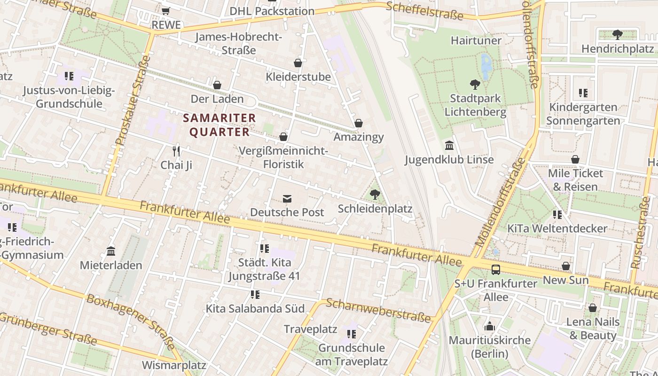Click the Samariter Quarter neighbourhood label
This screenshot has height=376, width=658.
[219, 125]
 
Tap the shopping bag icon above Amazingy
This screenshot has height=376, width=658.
[359, 123]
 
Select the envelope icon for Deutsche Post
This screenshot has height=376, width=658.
[287, 199]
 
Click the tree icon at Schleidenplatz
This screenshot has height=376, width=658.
[375, 194]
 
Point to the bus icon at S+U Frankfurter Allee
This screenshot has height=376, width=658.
[496, 270]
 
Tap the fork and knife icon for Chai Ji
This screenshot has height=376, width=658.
[176, 151]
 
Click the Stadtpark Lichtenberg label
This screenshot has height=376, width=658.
[475, 105]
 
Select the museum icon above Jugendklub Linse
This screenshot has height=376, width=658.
[449, 145]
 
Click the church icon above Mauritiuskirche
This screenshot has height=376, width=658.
[489, 326]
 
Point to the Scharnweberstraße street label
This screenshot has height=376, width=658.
[378, 310]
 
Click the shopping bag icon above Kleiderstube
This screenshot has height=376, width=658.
[298, 63]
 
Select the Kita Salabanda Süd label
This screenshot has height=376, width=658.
[255, 309]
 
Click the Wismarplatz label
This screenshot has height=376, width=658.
[174, 365]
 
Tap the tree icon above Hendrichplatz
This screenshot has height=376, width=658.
[617, 34]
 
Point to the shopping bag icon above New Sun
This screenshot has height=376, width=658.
[566, 266]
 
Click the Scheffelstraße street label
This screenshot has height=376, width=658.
[431, 11]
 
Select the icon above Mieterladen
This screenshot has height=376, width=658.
[111, 251]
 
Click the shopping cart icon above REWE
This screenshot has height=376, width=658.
[165, 10]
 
